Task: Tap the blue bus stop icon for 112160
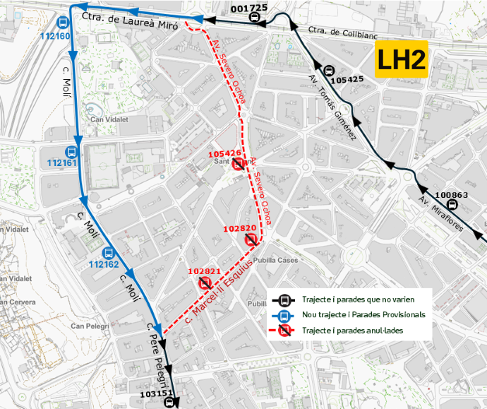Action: pos(63,23)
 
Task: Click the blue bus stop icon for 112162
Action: pos(108,254)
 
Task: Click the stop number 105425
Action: pos(347,80)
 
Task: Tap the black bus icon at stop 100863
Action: pos(452,206)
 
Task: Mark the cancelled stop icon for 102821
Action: pos(205,283)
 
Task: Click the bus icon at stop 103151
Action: pos(169,403)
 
